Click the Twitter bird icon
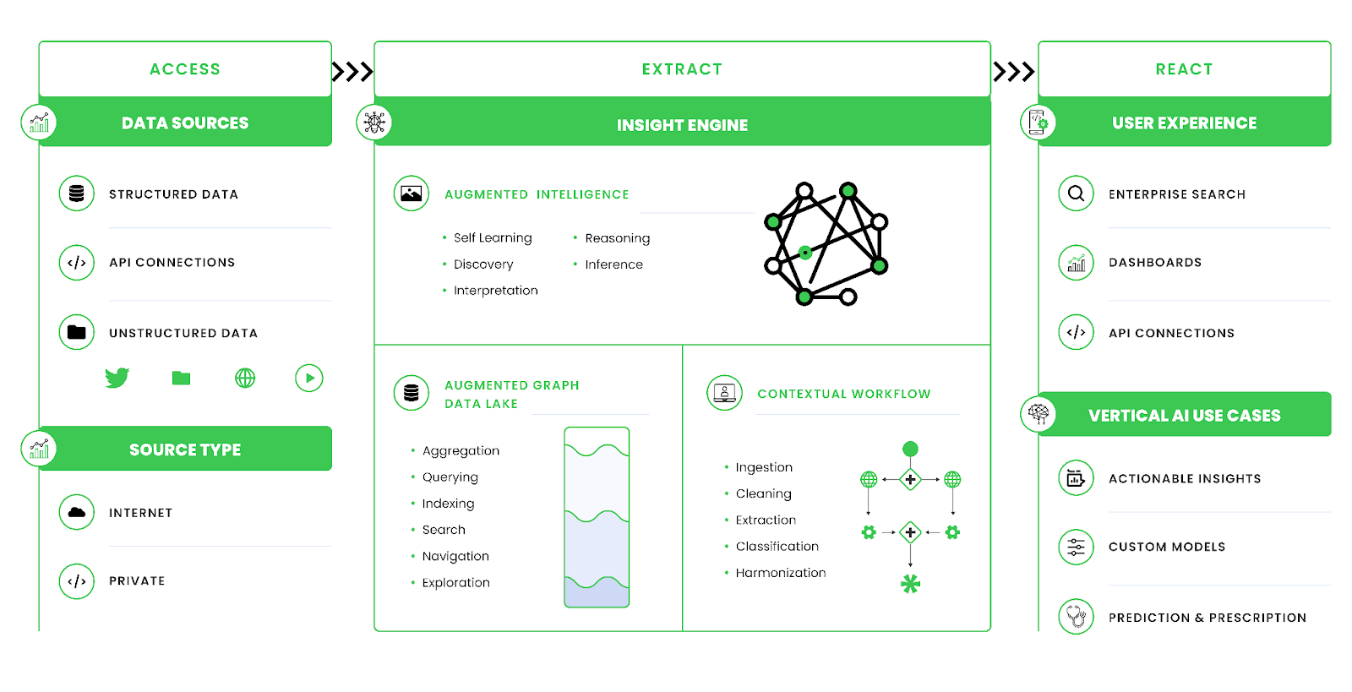(x=117, y=378)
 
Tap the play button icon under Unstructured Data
(x=309, y=378)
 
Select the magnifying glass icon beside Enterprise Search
(x=1076, y=193)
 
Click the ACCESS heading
(x=185, y=69)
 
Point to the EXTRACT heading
(x=682, y=69)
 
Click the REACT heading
(x=1184, y=69)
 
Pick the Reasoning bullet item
(x=617, y=238)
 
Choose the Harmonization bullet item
(x=780, y=573)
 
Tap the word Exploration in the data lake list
(x=455, y=582)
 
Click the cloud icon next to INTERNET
(x=77, y=512)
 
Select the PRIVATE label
(x=137, y=581)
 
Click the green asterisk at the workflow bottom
(x=910, y=584)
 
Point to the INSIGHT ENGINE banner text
(x=682, y=125)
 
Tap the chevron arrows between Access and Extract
(x=352, y=72)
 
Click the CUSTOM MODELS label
(x=1166, y=547)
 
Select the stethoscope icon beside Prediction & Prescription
(x=1076, y=617)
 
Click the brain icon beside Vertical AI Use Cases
(x=1039, y=414)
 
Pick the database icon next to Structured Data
(x=77, y=193)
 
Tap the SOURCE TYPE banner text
(x=185, y=450)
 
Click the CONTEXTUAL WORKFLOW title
(x=843, y=394)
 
